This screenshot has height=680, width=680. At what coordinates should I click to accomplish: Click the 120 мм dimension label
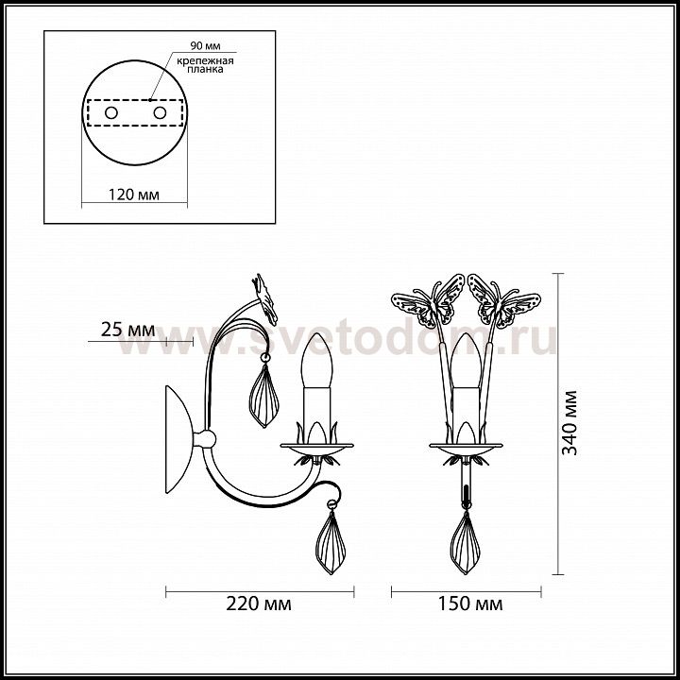(x=134, y=195)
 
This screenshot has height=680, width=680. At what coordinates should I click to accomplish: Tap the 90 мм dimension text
(x=205, y=45)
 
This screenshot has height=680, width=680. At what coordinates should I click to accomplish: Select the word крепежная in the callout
(x=205, y=60)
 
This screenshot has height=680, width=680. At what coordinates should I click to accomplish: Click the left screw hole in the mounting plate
(x=111, y=113)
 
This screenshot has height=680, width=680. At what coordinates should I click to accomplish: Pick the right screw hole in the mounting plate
(x=160, y=113)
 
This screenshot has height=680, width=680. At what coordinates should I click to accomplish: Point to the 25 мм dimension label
(x=127, y=330)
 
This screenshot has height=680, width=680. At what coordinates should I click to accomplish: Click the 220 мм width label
(x=259, y=603)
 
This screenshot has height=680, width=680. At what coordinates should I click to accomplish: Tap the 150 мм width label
(x=470, y=603)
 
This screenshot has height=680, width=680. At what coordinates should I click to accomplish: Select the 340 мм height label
(x=569, y=423)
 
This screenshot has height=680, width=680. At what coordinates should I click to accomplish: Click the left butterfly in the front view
(x=428, y=300)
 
